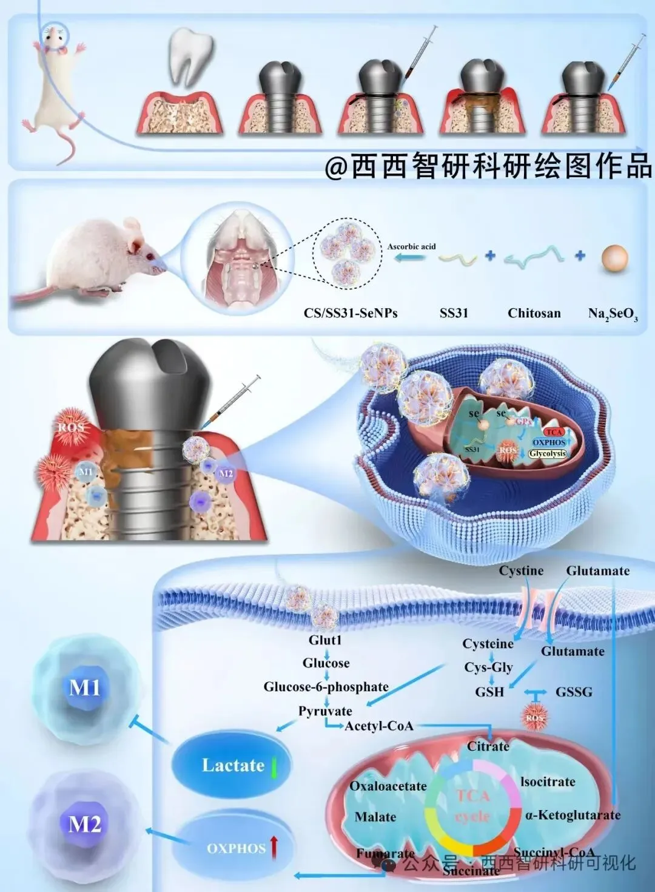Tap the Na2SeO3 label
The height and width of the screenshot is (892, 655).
(613, 314)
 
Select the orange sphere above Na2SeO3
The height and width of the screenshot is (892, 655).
(614, 257)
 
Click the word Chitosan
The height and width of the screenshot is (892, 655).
(534, 313)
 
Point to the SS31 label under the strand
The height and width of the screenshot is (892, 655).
(454, 313)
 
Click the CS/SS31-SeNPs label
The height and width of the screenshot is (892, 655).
(351, 313)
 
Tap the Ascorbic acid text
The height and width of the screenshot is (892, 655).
(411, 246)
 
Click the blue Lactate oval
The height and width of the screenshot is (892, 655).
(232, 765)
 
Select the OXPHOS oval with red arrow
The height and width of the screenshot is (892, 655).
(237, 847)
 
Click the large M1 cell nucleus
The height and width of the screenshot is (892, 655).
(85, 688)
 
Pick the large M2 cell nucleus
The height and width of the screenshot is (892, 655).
(85, 824)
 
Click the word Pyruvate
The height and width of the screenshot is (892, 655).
(325, 711)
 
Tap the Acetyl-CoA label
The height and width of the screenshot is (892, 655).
(379, 726)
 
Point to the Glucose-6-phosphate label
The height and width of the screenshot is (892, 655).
(326, 686)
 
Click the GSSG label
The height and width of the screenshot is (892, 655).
(574, 692)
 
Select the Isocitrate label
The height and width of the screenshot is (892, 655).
(548, 782)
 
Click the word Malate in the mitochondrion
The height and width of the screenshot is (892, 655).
(375, 817)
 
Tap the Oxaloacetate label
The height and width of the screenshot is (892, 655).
(388, 786)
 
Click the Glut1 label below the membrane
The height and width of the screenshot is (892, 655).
(326, 640)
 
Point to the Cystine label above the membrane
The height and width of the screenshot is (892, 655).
(521, 570)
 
